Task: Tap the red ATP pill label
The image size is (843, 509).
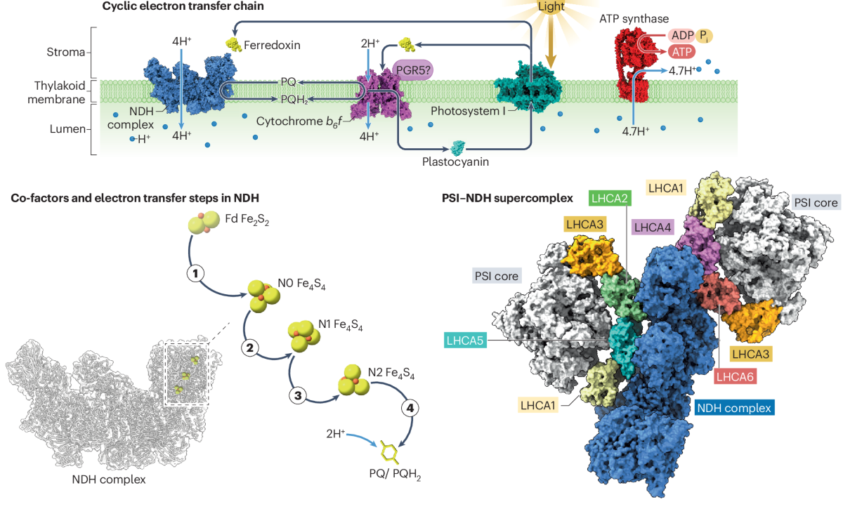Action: point(680,51)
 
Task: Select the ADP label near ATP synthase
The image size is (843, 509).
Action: point(681,35)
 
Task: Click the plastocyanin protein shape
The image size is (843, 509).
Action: point(458,147)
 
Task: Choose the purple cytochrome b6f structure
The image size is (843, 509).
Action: point(383,98)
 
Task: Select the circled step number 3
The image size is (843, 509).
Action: point(297,396)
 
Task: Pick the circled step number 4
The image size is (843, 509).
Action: point(409,407)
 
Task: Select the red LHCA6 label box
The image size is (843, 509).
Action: point(736,376)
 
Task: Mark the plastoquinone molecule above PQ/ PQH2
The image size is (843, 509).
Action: point(387,454)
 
